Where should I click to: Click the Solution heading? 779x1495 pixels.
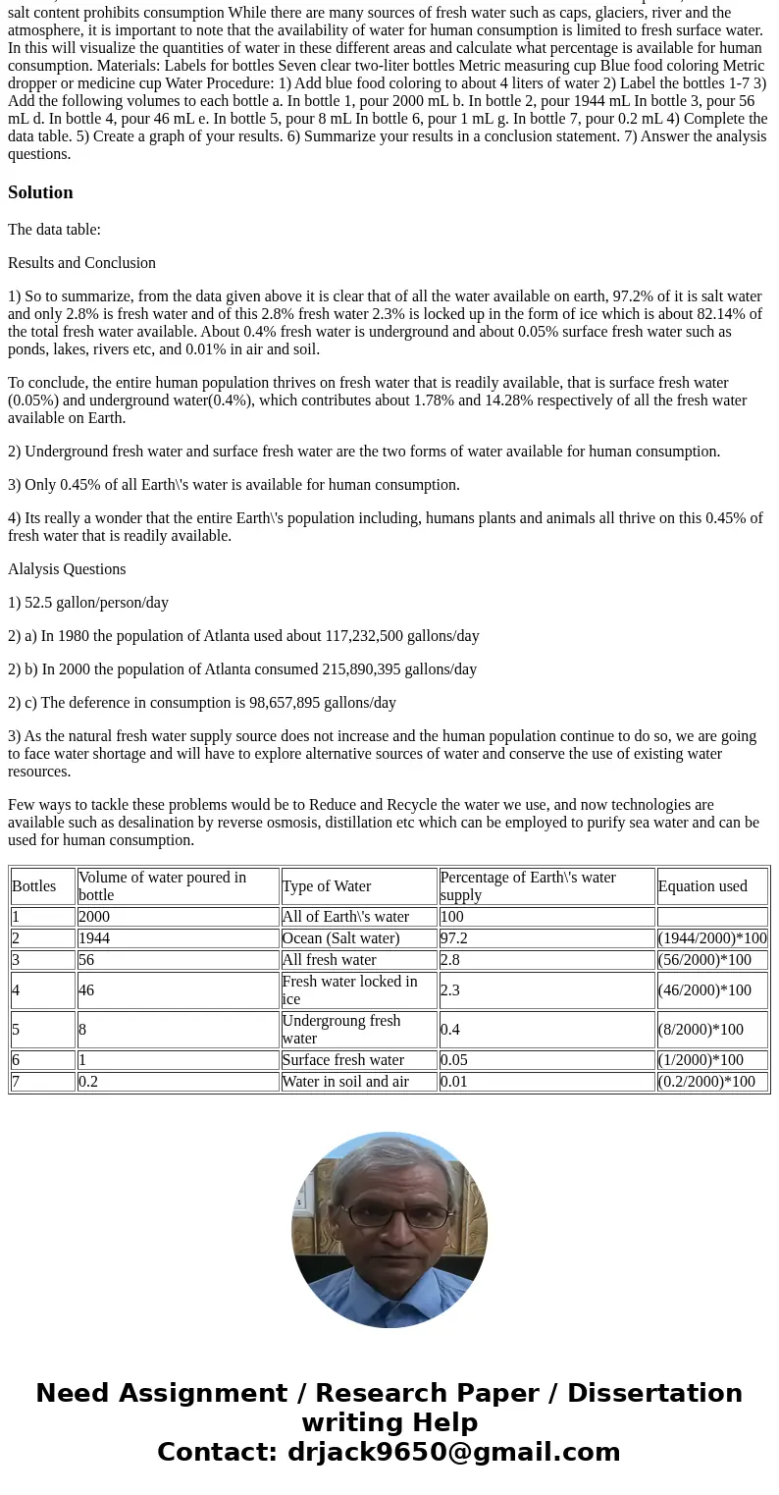coord(40,192)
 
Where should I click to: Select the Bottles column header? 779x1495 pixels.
coord(34,886)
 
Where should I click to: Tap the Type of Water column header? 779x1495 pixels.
coord(326,886)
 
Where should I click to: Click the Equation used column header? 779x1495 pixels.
coord(701,886)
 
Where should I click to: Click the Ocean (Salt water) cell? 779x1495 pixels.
coord(340,938)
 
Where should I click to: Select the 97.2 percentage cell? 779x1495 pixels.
coord(453,938)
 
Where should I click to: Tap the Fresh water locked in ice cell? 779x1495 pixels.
coord(349,990)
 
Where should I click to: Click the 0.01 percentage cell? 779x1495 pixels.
coord(453,1082)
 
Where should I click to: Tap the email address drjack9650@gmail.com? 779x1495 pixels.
coord(453,1453)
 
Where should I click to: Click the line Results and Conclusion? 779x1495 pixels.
coord(81,263)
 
